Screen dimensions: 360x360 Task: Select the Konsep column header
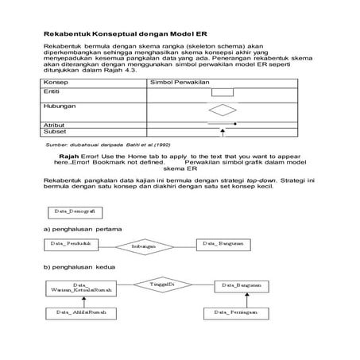click(x=56, y=82)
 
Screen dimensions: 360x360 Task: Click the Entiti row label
click(x=53, y=91)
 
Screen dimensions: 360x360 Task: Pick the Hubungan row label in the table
click(x=60, y=106)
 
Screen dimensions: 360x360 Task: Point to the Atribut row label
click(x=55, y=124)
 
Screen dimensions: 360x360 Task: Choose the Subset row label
click(x=55, y=132)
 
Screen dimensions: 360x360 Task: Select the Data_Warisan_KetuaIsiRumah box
click(x=81, y=288)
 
